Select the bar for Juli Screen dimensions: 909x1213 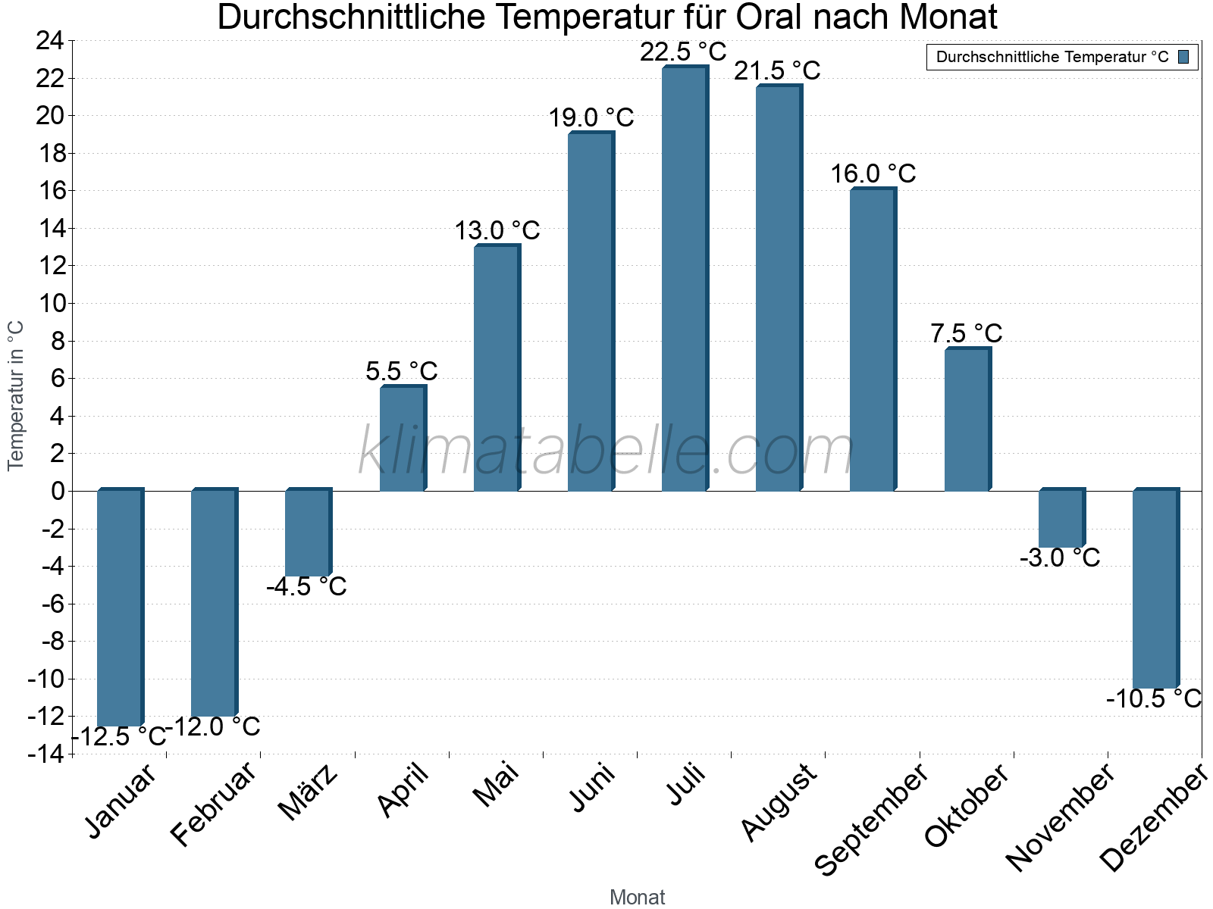pos(684,280)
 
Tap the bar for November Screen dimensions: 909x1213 pos(1061,519)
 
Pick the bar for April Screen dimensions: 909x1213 pos(402,439)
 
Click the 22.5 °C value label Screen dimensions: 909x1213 pos(683,52)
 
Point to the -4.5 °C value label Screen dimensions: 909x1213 pos(306,586)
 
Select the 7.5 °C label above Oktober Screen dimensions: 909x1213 pos(966,333)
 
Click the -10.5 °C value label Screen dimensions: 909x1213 pos(1153,698)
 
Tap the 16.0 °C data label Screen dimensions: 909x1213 pos(873,174)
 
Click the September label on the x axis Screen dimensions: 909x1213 pos(872,818)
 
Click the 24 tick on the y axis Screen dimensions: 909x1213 pos(50,41)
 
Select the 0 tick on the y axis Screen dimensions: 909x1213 pos(58,491)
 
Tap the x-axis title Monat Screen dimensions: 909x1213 pos(637,898)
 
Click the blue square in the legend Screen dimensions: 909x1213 pos(1183,57)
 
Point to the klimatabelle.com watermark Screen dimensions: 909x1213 pos(606,451)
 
